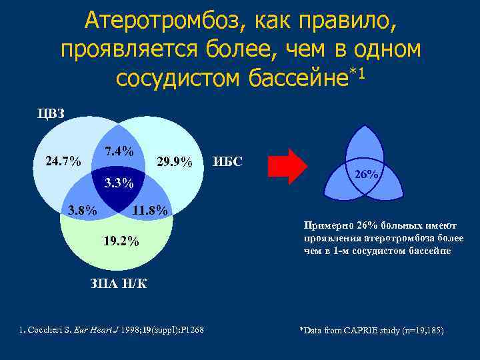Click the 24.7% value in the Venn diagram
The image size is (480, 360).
coord(63,161)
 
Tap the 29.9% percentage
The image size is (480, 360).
coord(174,162)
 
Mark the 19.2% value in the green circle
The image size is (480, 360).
coord(121,241)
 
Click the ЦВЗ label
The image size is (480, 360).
coord(51,113)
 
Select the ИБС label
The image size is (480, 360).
coord(227,161)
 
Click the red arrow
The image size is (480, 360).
coord(287,166)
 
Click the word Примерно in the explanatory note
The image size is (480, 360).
coord(325,225)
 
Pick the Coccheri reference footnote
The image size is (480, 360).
coord(111,330)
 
